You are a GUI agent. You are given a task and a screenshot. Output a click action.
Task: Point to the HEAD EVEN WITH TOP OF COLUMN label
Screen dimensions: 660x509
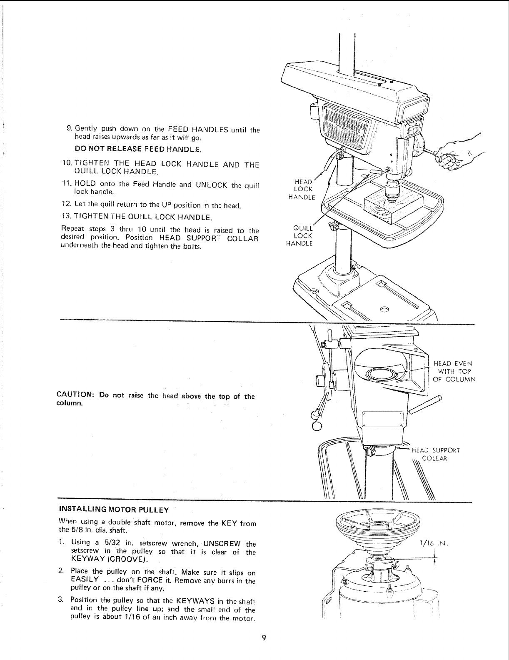coord(453,371)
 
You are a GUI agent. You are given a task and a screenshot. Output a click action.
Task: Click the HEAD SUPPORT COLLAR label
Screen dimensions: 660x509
coord(435,454)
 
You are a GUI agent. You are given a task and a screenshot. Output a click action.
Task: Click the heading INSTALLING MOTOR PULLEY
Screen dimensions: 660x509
coord(114,510)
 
